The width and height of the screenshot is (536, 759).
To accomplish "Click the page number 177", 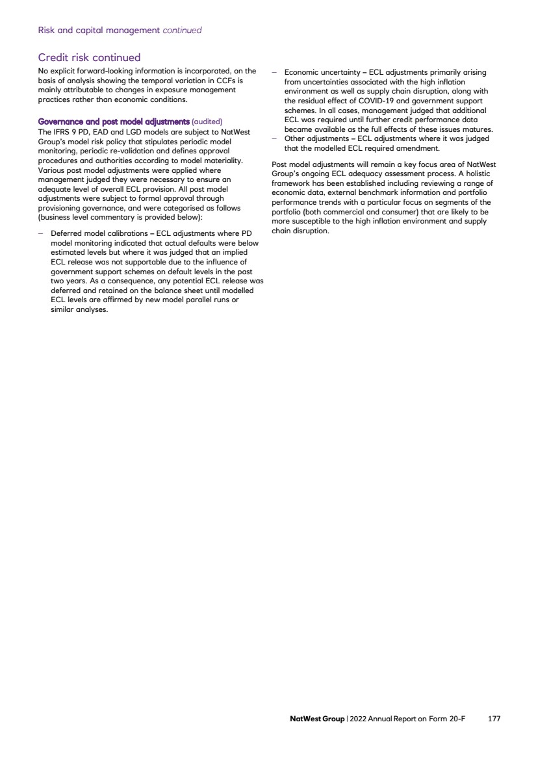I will [x=494, y=719].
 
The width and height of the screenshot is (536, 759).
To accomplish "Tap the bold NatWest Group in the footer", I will [x=317, y=719].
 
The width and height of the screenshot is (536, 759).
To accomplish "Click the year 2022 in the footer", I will [x=358, y=719].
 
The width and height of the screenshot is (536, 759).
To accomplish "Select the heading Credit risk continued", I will [x=89, y=58].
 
